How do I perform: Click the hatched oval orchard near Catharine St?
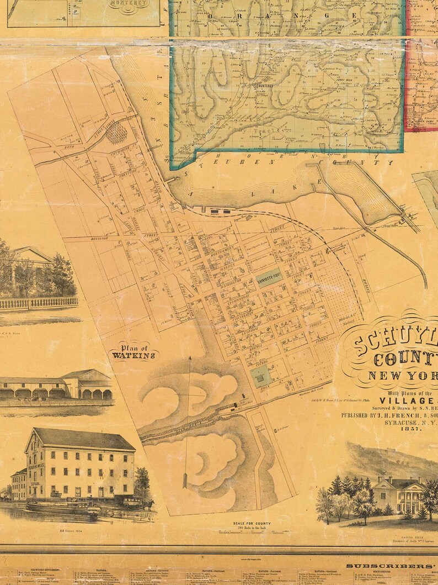116,133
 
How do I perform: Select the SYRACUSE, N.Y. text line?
409,419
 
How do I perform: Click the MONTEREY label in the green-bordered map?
267,86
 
